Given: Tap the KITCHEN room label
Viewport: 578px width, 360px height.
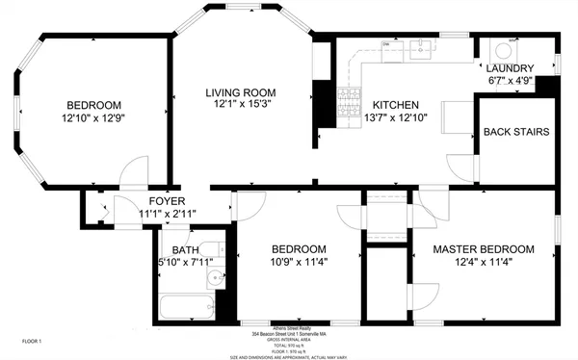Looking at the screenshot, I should pyautogui.click(x=395, y=104).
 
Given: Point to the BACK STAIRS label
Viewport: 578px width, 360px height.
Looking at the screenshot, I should pyautogui.click(x=516, y=131).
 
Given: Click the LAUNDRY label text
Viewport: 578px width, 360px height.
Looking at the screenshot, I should pyautogui.click(x=510, y=68).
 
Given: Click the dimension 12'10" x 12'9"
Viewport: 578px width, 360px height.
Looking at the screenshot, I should pyautogui.click(x=93, y=119).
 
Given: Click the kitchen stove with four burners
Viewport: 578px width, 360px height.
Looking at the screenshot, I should pyautogui.click(x=344, y=97).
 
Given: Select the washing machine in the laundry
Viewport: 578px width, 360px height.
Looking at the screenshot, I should pyautogui.click(x=504, y=50).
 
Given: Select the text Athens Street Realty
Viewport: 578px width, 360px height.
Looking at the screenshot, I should pyautogui.click(x=288, y=326).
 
